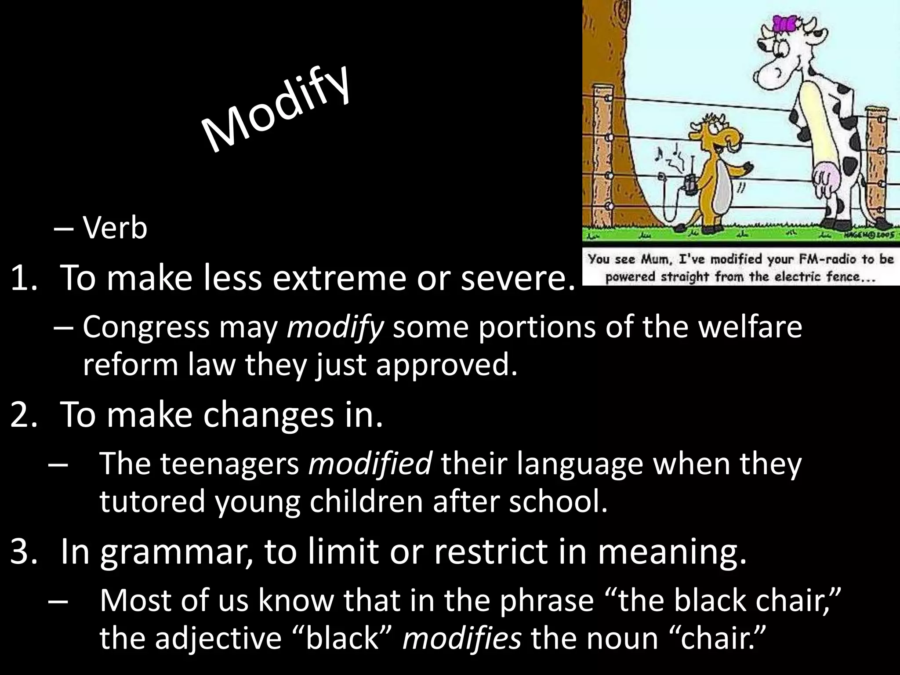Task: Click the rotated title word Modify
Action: pos(276,110)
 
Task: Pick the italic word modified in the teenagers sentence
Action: pos(370,464)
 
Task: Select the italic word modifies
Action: pos(462,638)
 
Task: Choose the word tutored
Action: pos(152,501)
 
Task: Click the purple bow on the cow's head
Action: pos(784,24)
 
